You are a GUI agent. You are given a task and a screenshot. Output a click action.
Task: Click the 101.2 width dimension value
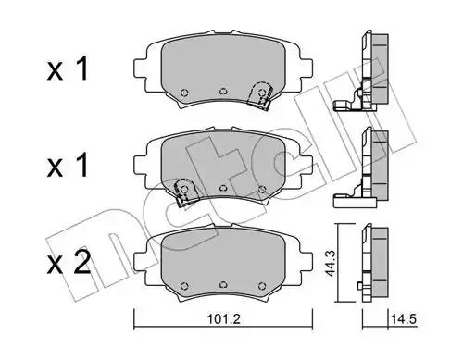click(223, 319)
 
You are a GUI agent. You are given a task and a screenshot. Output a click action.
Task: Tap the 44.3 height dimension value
click(331, 263)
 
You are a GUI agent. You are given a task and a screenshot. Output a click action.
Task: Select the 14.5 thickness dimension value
click(404, 319)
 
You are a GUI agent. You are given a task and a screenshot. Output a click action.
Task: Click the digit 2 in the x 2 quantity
click(81, 262)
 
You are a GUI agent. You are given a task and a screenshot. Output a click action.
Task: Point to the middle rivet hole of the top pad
click(223, 92)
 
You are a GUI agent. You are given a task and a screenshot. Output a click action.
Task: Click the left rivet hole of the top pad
click(184, 93)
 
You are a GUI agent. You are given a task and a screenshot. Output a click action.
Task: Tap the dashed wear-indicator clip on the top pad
click(260, 94)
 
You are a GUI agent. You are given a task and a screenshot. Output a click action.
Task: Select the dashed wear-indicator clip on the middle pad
click(186, 192)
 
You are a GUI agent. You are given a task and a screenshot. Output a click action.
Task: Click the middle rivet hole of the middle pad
click(223, 188)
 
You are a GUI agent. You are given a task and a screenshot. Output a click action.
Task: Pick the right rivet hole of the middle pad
click(262, 189)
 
